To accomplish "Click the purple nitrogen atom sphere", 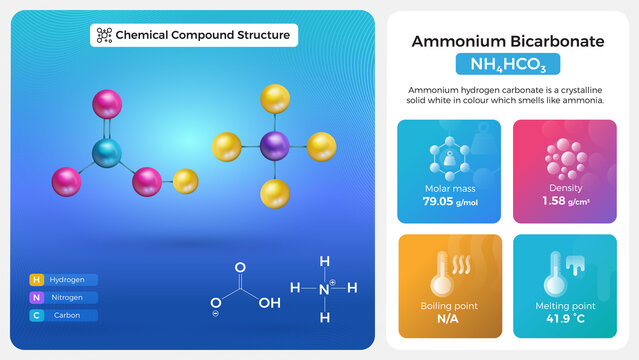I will [273, 147].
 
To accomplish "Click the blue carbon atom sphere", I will [107, 153].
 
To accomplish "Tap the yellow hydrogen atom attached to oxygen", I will [185, 181].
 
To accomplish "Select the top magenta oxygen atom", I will [106, 104].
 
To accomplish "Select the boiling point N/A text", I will [448, 319].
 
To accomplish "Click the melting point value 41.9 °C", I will [564, 319].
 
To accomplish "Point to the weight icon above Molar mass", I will [450, 157].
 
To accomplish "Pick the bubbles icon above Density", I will [565, 157].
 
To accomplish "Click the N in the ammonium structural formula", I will [324, 288].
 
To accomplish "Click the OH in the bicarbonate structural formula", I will [269, 302].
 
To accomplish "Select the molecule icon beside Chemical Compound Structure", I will [103, 35].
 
